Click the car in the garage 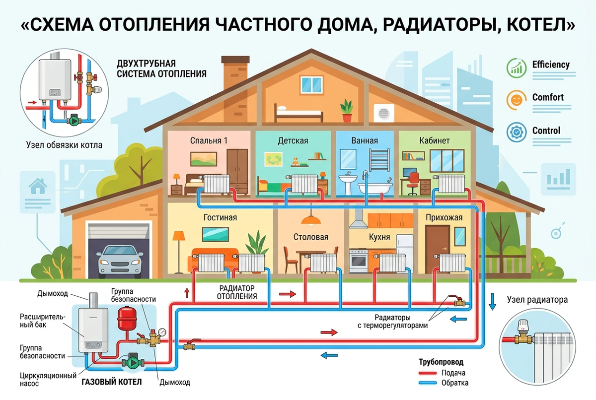120,262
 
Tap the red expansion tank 127,318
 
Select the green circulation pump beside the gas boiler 133,362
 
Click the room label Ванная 365,140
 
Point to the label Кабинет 435,140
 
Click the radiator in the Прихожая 452,263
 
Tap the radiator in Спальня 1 217,184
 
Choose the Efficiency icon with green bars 517,68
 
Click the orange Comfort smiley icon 517,100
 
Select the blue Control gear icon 517,132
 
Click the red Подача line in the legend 428,373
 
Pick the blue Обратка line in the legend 428,383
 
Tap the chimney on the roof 235,72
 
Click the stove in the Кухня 359,261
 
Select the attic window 312,84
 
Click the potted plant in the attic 347,111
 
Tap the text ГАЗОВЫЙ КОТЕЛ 111,382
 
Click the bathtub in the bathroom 375,188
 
